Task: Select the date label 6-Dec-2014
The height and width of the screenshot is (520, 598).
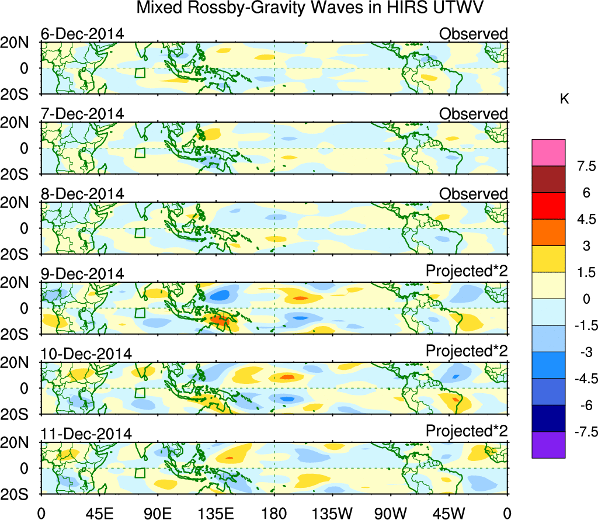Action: pyautogui.click(x=82, y=34)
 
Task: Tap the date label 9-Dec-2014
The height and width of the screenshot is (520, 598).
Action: pyautogui.click(x=82, y=274)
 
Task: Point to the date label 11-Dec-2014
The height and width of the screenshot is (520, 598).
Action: pyautogui.click(x=86, y=434)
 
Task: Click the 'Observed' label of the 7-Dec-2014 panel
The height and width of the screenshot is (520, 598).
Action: pyautogui.click(x=473, y=114)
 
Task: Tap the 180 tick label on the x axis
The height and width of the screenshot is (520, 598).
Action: pyautogui.click(x=274, y=512)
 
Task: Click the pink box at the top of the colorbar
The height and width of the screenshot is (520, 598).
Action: pyautogui.click(x=548, y=152)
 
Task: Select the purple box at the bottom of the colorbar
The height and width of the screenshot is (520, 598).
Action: pyautogui.click(x=548, y=445)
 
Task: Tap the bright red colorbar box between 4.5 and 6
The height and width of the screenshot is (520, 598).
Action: pyautogui.click(x=548, y=206)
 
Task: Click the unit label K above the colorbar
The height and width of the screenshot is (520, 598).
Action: pyautogui.click(x=564, y=100)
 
